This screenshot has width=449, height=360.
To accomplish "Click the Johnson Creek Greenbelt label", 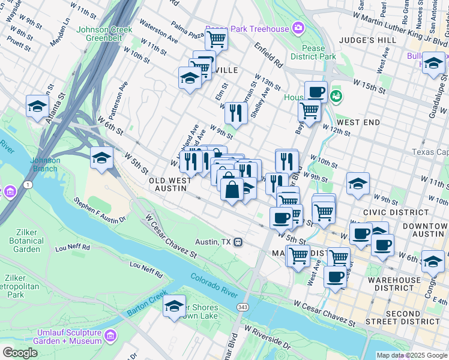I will pos(99,33).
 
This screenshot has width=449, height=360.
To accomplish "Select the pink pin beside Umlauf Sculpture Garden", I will pos(109,334).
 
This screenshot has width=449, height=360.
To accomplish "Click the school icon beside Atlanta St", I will pos(37,106).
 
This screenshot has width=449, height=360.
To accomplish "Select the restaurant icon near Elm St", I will pos(235,112).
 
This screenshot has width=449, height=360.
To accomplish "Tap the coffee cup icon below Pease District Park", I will pos(316,92).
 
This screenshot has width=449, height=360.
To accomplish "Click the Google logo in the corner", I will pos(20,353).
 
